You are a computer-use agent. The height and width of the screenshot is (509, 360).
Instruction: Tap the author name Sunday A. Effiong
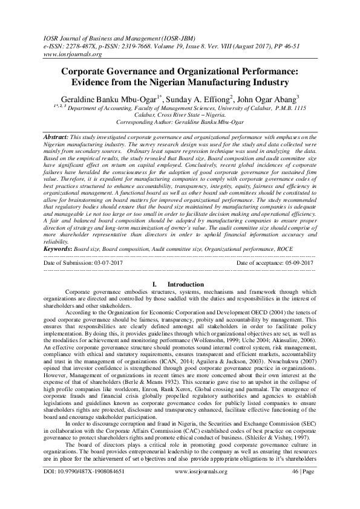point(197,99)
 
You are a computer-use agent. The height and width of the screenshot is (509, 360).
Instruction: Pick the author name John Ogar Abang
point(265,99)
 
